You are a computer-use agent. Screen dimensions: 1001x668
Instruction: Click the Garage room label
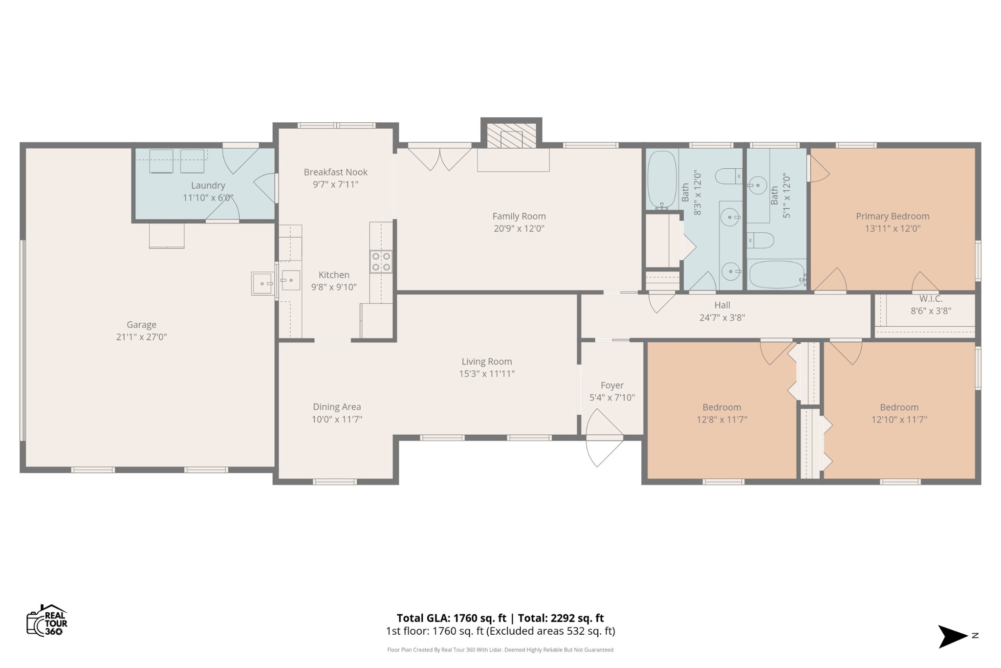[x=142, y=325]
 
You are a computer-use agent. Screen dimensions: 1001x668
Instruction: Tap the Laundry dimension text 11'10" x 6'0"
[x=208, y=198]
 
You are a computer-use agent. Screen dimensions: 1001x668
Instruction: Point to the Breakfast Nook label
[x=335, y=172]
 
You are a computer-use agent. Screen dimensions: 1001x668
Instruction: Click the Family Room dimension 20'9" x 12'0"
[x=519, y=228]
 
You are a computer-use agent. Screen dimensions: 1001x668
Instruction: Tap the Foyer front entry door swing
[x=604, y=438]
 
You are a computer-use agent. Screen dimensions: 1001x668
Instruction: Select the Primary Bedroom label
[x=892, y=216]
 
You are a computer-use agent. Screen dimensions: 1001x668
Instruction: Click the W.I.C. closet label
[x=931, y=299]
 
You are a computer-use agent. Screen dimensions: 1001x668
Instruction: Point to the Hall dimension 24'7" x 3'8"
[x=722, y=317]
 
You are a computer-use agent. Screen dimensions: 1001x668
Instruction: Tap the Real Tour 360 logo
[x=47, y=620]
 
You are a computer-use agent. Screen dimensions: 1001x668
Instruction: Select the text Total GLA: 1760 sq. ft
[x=451, y=618]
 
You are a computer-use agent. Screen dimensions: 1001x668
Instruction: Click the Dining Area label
[x=337, y=407]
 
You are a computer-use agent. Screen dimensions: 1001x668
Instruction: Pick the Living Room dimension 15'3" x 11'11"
[x=487, y=374]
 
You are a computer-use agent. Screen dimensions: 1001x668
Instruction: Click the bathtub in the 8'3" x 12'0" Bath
[x=662, y=179]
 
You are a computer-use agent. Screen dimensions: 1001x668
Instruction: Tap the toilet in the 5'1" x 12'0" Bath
[x=761, y=240]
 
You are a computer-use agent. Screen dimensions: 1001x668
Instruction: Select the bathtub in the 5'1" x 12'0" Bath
[x=777, y=275]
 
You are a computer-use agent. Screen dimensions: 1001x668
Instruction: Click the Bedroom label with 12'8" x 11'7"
[x=722, y=407]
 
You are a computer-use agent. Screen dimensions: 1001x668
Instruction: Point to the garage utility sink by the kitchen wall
[x=263, y=284]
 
